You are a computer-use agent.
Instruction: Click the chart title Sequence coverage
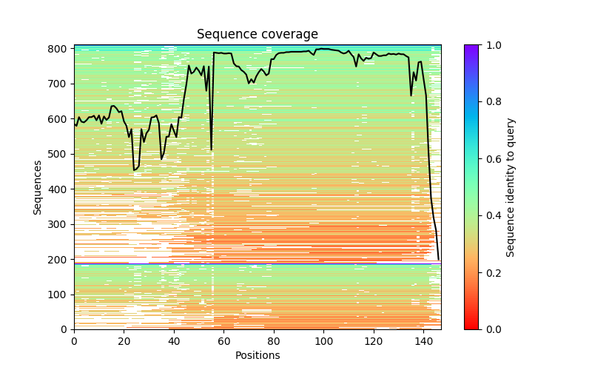(257, 35)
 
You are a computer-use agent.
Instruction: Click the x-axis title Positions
(257, 355)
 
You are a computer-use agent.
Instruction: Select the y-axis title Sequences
(38, 187)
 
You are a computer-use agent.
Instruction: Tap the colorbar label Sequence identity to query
(511, 187)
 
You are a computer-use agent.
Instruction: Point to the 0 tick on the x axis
(74, 341)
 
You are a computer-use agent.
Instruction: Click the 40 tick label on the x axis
(174, 341)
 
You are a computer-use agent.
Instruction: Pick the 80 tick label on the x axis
(274, 341)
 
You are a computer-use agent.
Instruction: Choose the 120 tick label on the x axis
(374, 341)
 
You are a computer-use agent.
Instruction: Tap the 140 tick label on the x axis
(423, 341)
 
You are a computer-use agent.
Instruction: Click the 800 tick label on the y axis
(59, 49)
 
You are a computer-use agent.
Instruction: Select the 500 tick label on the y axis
(59, 154)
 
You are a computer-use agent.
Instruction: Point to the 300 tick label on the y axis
(59, 224)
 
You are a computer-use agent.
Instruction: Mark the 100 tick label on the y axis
(59, 295)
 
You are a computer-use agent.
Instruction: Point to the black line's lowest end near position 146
(438, 259)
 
